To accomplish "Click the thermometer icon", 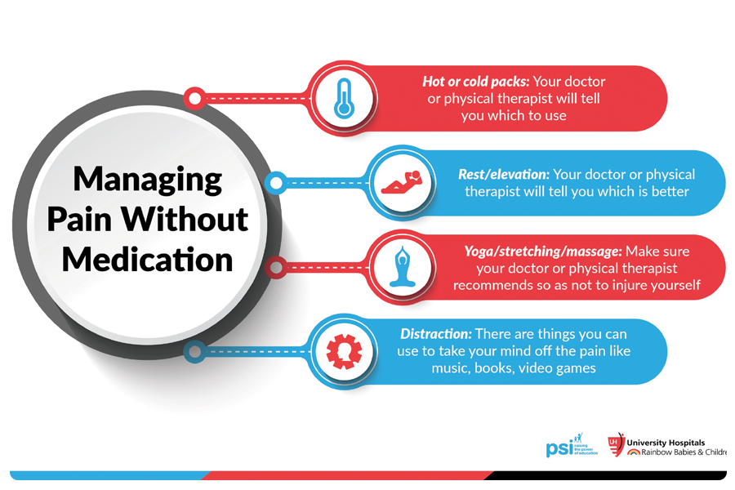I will (x=342, y=98).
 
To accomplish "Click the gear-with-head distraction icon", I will (x=344, y=352).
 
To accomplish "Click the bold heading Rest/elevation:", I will (x=504, y=174).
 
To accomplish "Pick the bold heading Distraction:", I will (x=435, y=334).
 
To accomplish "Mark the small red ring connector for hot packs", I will (x=194, y=99).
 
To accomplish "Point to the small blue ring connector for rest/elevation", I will (x=276, y=182).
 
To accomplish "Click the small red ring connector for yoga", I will (x=276, y=266).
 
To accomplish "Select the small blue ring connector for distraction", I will (x=194, y=352).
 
